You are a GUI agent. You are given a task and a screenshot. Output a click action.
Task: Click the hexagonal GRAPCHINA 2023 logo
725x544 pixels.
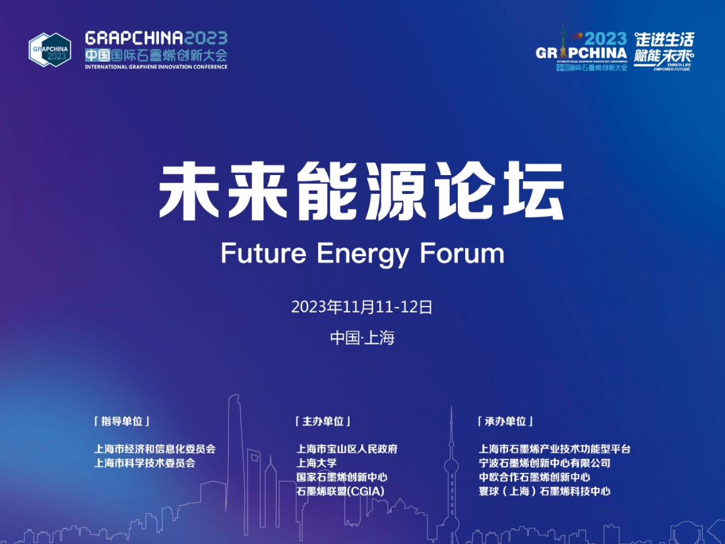[50, 50]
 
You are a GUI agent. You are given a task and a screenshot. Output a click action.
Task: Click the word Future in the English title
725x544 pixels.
[263, 254]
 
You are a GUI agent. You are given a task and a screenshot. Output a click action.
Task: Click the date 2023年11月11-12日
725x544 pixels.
[361, 307]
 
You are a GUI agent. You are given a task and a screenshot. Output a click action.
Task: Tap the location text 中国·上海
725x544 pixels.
[362, 337]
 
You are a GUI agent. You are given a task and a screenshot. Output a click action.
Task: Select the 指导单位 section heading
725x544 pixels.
[122, 421]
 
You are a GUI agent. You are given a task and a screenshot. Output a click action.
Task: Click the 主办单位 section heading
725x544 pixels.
[323, 421]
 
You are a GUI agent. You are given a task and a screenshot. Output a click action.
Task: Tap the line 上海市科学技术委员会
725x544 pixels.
[144, 463]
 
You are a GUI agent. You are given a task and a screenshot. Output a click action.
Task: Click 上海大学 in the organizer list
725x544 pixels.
[316, 463]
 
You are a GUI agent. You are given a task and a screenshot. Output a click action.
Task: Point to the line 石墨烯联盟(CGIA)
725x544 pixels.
[340, 492]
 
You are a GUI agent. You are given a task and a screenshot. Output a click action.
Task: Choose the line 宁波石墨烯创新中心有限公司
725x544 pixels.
[544, 463]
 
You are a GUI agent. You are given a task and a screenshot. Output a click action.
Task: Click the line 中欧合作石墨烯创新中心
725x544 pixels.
[534, 477]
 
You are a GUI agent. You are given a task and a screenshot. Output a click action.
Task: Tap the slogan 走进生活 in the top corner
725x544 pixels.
[664, 39]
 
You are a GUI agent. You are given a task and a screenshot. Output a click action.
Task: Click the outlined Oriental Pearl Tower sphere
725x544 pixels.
[451, 465]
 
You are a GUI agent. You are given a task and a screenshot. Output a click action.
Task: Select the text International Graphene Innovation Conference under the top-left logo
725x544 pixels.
[156, 66]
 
